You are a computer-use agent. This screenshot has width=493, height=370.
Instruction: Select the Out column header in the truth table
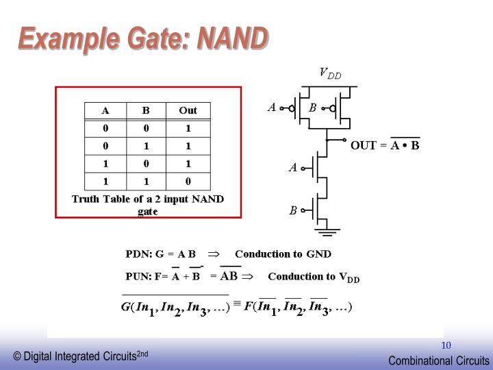(188, 110)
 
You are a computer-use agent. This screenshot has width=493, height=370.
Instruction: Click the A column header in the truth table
(105, 110)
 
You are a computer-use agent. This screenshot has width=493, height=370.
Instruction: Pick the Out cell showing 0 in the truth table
(188, 182)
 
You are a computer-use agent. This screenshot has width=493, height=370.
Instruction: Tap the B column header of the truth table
(146, 110)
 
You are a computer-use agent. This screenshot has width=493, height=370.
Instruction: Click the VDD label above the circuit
(330, 73)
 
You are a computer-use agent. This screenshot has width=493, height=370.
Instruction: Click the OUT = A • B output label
(385, 145)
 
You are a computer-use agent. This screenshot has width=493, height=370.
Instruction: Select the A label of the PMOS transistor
(272, 107)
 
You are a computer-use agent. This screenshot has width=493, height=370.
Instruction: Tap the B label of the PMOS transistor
(312, 108)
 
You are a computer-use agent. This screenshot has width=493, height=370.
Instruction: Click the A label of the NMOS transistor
(293, 167)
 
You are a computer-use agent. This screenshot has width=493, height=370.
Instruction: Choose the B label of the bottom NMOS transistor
(293, 210)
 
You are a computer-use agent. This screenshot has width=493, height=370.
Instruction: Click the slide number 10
(446, 345)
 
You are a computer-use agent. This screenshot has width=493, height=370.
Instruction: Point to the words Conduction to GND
(283, 254)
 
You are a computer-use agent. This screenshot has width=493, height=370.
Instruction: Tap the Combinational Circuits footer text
(439, 360)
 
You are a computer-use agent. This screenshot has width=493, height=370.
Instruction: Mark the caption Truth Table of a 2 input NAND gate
(149, 205)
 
